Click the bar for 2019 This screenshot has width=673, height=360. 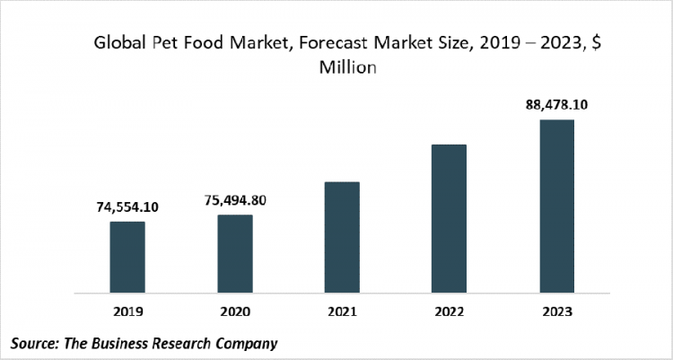click(127, 257)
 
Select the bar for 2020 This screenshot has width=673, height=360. click(234, 253)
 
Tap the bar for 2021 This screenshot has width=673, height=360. click(342, 237)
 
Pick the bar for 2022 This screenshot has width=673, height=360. click(449, 218)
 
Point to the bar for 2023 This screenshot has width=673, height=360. click(556, 206)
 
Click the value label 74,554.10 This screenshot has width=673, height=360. click(127, 206)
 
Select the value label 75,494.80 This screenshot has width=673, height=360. click(235, 200)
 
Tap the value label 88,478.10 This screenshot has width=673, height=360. click(556, 105)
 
